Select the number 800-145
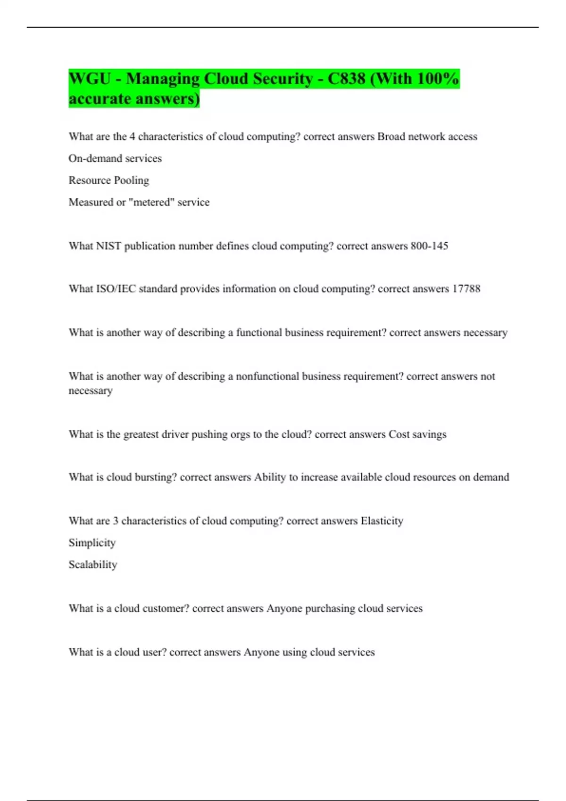click(x=429, y=246)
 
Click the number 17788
click(x=466, y=289)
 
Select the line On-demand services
click(x=115, y=158)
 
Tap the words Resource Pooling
click(x=108, y=180)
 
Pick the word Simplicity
click(x=92, y=543)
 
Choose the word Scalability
click(x=92, y=564)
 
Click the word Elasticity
click(x=382, y=521)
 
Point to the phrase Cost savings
click(x=417, y=434)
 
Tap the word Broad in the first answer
click(x=391, y=137)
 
